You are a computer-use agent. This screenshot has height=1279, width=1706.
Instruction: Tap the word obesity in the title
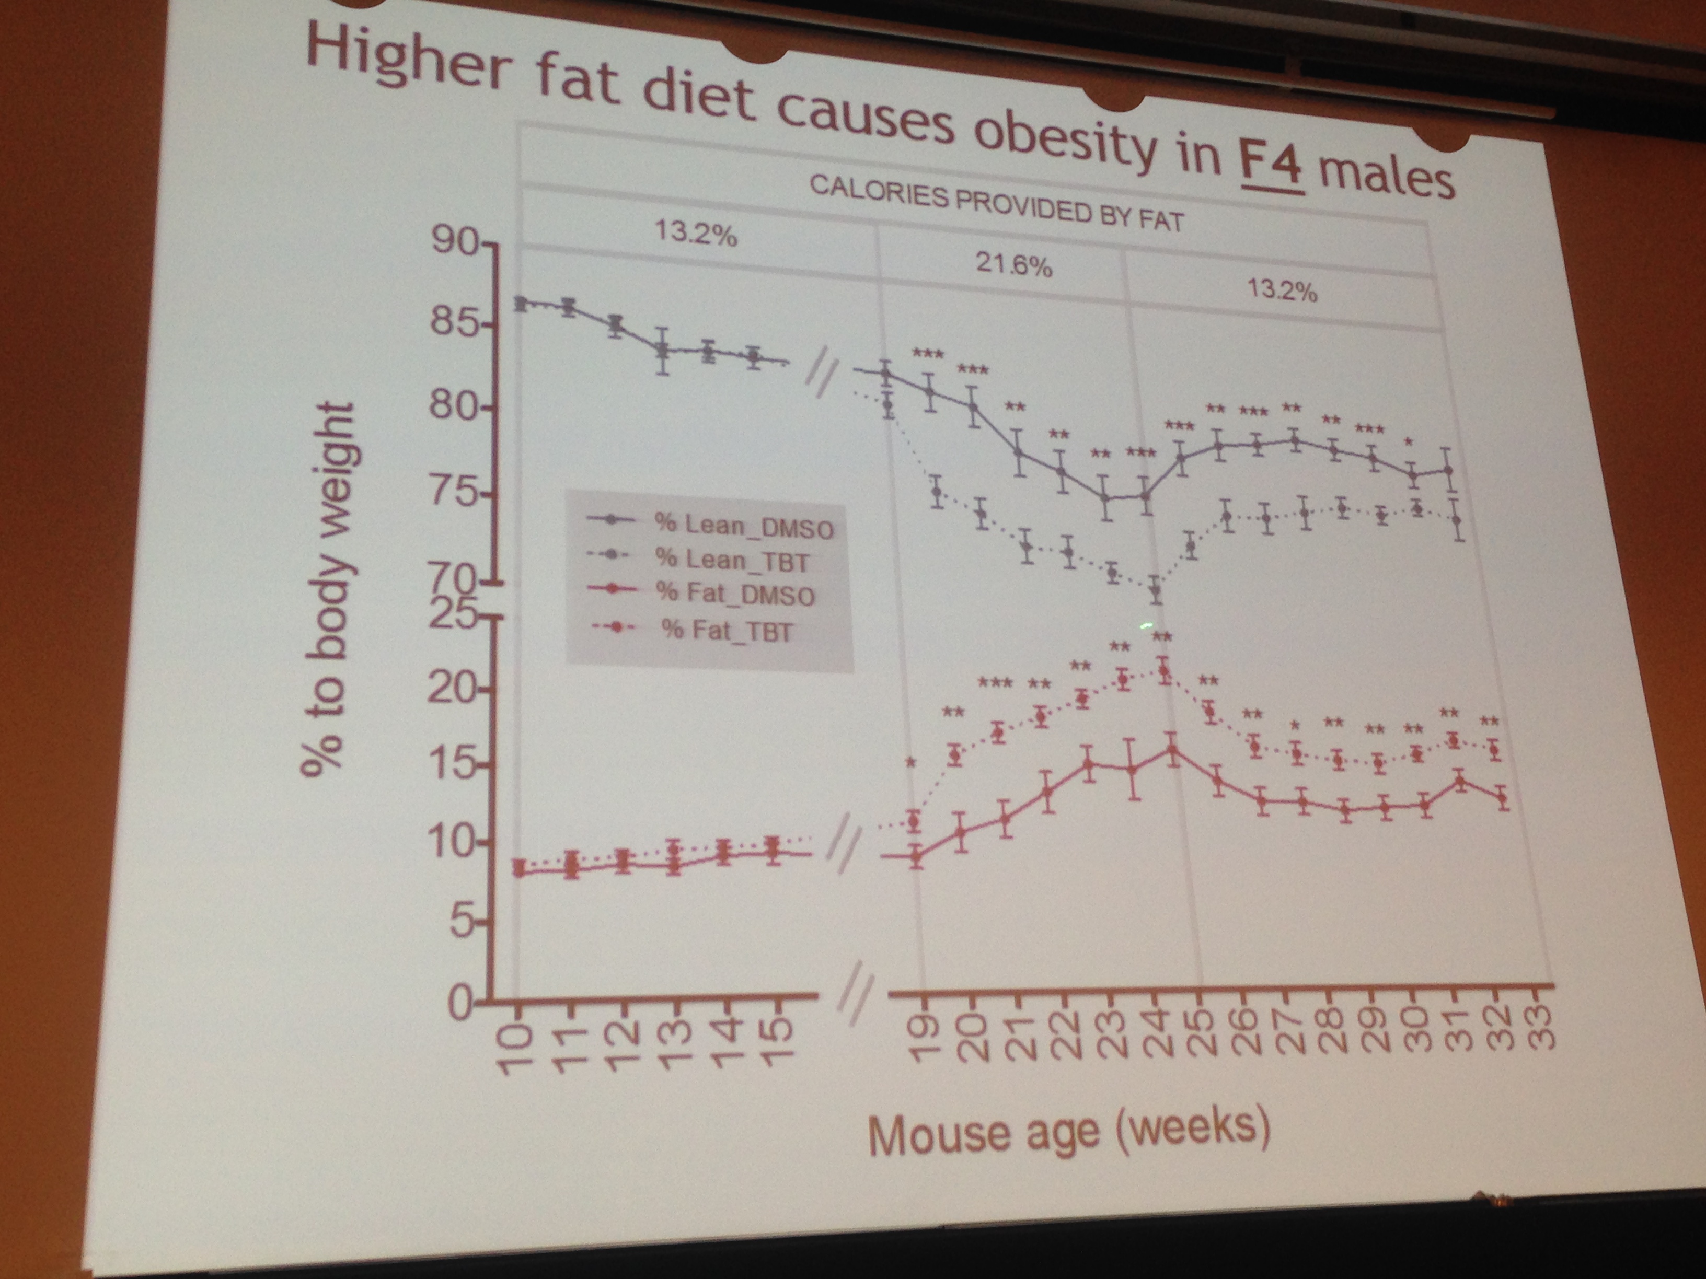(1064, 146)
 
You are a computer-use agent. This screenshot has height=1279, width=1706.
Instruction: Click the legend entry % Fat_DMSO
(733, 595)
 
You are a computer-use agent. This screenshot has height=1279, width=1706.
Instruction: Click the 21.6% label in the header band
(1013, 265)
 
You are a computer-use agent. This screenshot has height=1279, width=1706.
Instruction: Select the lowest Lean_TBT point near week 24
(1155, 590)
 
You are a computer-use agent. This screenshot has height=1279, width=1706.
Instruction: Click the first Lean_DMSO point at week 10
(521, 303)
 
